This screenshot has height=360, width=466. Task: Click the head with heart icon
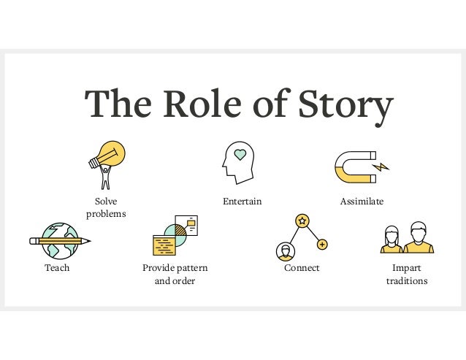(x=237, y=162)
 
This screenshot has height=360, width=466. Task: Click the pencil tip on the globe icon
(x=88, y=240)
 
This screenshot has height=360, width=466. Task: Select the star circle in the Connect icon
(x=302, y=220)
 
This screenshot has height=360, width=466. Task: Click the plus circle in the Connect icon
(x=322, y=245)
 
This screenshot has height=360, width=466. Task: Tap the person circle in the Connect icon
(x=285, y=252)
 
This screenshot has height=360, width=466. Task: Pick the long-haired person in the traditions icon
(x=392, y=240)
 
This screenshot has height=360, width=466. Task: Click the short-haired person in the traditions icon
(x=419, y=237)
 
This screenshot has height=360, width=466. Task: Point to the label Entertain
(x=242, y=201)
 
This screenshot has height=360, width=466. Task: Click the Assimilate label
(x=362, y=201)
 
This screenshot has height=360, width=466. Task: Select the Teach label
(x=57, y=268)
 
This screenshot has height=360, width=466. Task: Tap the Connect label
(x=302, y=268)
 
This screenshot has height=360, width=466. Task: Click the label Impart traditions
(x=407, y=275)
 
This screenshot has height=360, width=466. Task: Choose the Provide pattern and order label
(x=175, y=275)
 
